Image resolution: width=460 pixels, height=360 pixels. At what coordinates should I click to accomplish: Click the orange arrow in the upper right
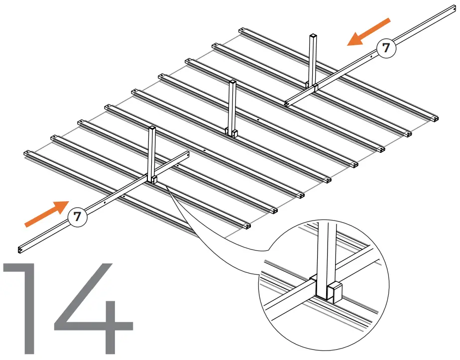point(368,32)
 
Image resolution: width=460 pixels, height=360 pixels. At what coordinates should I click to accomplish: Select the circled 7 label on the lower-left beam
point(77,217)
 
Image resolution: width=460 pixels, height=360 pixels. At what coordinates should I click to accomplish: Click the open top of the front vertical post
point(152,128)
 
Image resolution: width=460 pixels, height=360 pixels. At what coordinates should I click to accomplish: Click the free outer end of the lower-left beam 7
point(20,249)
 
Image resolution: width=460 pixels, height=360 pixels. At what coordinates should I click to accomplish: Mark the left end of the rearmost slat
point(241,30)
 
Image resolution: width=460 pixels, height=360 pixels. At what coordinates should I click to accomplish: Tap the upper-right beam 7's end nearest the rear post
point(287,104)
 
